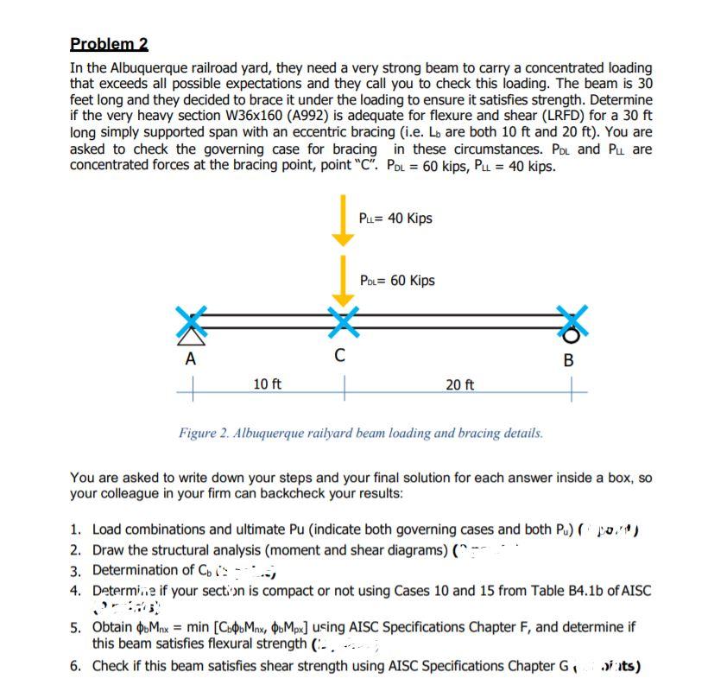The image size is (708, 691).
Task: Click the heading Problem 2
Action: pyautogui.click(x=109, y=44)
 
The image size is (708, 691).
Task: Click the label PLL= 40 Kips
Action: pyautogui.click(x=395, y=219)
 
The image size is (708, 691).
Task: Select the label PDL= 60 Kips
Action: pyautogui.click(x=397, y=281)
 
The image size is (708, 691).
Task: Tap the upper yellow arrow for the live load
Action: pyautogui.click(x=344, y=219)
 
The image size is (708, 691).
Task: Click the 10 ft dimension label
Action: pyautogui.click(x=268, y=384)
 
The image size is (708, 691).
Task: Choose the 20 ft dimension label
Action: pyautogui.click(x=458, y=385)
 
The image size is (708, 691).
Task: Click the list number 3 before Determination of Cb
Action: pyautogui.click(x=76, y=570)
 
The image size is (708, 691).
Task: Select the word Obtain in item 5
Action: pyautogui.click(x=114, y=625)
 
